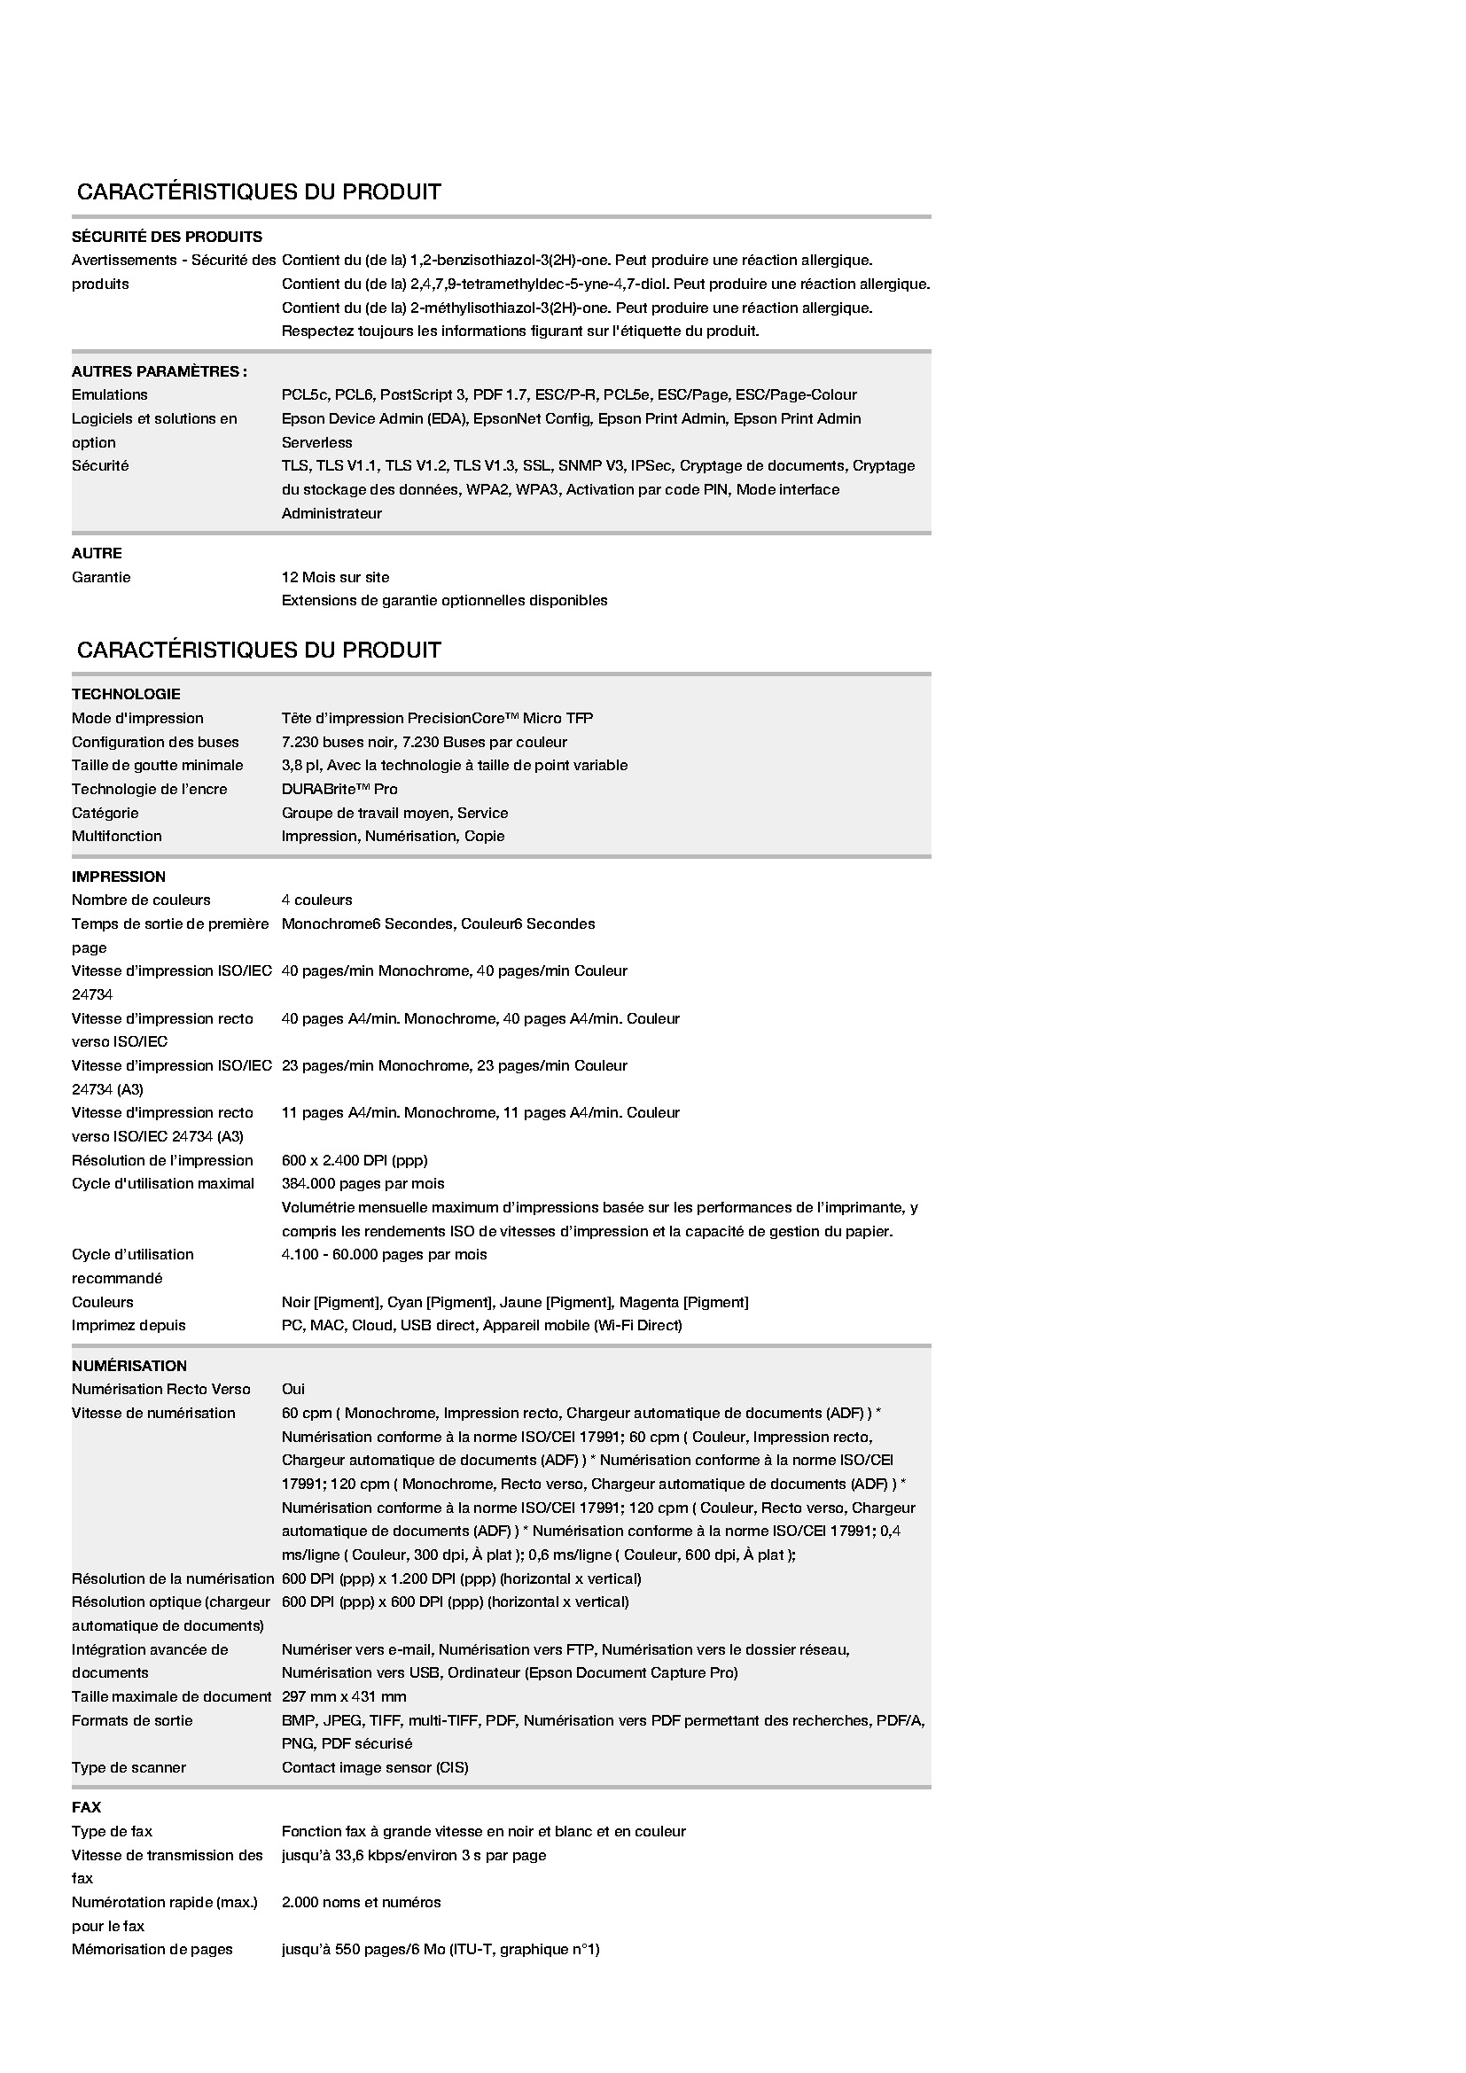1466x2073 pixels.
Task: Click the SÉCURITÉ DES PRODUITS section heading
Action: (x=166, y=237)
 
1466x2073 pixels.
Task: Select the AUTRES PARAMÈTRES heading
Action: (x=159, y=371)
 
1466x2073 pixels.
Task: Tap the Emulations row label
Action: (x=109, y=394)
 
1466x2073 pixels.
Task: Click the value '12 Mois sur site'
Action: (x=335, y=577)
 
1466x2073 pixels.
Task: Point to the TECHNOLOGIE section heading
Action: (x=126, y=694)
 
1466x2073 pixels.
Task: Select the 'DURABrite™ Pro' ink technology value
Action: (x=339, y=789)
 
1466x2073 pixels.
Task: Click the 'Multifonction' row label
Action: (x=116, y=836)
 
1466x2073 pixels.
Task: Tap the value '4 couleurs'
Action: (x=316, y=900)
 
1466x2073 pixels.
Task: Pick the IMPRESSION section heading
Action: (x=118, y=877)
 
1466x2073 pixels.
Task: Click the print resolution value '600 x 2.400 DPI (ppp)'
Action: (x=354, y=1160)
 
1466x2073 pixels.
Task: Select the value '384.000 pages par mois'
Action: (x=363, y=1184)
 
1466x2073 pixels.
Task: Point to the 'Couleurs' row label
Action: (x=102, y=1302)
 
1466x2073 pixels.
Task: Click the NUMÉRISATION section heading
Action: (x=129, y=1366)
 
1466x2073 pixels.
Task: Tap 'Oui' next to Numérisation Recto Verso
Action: (x=293, y=1389)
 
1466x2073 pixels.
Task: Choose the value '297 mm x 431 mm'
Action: (x=344, y=1696)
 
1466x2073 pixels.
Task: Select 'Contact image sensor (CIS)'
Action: (x=375, y=1767)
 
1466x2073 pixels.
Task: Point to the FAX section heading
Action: (x=87, y=1807)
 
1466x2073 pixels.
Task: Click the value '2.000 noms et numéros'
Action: (x=361, y=1902)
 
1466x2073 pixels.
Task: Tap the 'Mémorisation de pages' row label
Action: (x=152, y=1949)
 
